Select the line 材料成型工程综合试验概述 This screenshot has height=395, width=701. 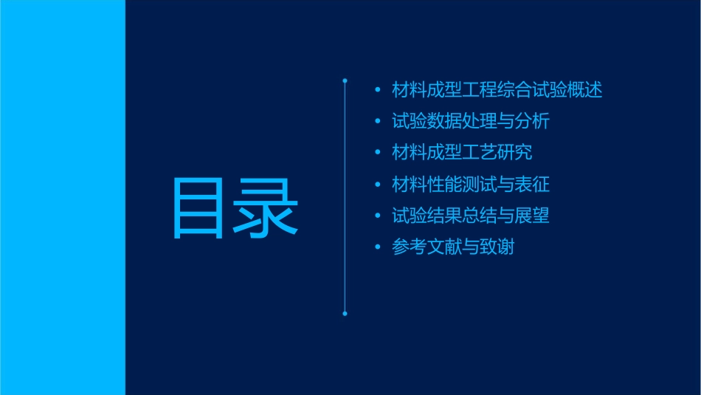497,90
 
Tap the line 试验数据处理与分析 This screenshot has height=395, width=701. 471,121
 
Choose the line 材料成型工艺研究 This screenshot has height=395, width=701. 462,153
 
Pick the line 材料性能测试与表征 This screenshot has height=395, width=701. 471,184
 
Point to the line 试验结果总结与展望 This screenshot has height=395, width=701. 471,216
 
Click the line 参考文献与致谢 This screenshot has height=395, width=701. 453,247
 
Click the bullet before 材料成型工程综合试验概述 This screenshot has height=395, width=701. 378,91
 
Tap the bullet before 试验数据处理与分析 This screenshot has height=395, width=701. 378,122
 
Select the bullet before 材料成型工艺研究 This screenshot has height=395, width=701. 378,154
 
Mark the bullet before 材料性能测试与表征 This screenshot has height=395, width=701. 378,185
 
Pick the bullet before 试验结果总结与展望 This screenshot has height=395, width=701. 378,216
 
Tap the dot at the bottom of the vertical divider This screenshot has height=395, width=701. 345,314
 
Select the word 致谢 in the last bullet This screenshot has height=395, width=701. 497,247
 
